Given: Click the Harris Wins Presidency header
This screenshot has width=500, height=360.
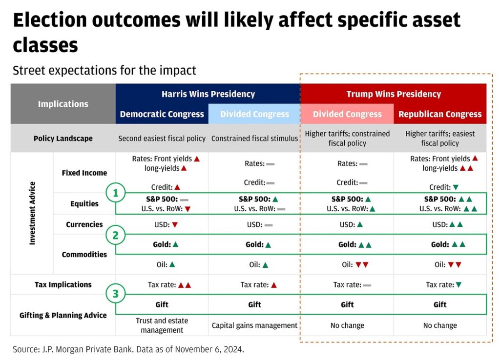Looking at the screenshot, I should tap(208, 94).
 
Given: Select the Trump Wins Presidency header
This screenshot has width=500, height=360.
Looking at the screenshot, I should tap(394, 94).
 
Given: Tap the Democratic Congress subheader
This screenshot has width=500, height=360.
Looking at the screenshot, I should tap(162, 114).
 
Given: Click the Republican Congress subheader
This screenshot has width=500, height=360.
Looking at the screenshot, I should tap(440, 114).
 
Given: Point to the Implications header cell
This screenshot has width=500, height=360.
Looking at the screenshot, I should tap(63, 104).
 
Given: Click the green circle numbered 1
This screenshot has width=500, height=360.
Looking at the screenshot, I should tap(116, 194).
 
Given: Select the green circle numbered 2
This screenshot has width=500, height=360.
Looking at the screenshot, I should tap(116, 235).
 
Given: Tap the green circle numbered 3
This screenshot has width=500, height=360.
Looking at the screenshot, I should tap(116, 294).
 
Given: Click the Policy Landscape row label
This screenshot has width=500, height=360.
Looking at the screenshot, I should tap(63, 139).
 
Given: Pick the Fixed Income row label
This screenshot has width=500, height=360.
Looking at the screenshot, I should tap(84, 173).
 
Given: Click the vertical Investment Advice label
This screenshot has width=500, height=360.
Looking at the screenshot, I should tap(32, 213).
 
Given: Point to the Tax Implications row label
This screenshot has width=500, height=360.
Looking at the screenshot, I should tap(63, 284).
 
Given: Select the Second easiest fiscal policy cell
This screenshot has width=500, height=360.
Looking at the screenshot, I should tap(162, 139).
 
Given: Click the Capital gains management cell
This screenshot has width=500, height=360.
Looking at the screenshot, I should tap(254, 325).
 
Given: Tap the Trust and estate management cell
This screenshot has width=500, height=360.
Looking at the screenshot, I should tap(162, 325).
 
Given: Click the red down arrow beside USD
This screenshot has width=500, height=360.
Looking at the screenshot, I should tap(175, 225).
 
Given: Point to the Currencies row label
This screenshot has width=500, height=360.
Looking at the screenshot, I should tap(84, 224).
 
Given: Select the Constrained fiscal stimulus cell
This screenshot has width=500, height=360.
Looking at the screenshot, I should tap(254, 139).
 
